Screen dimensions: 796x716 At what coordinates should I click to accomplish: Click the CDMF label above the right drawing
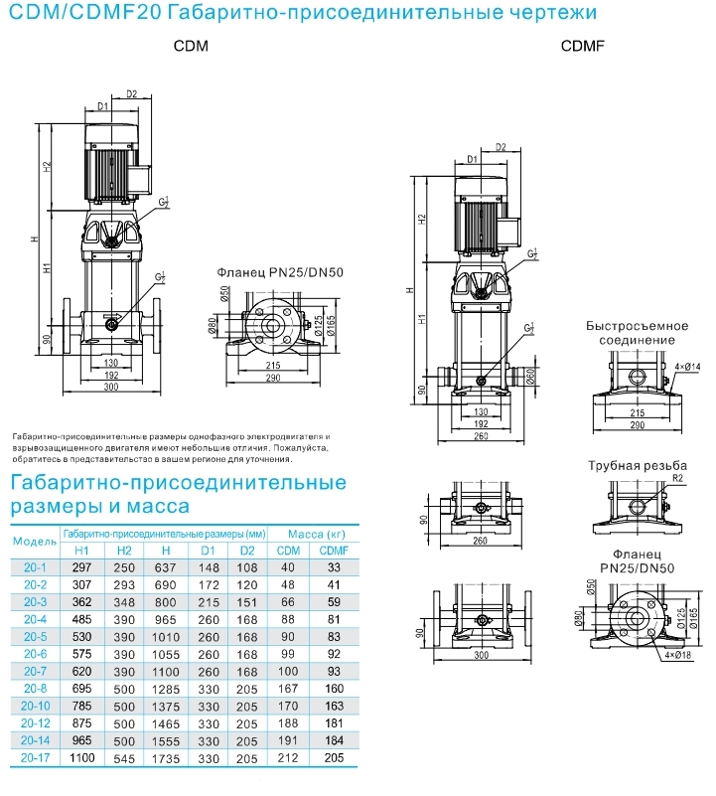pyautogui.click(x=583, y=47)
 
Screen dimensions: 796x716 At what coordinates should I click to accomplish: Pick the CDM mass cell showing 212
pyautogui.click(x=288, y=756)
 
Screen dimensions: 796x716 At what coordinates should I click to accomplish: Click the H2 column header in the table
pyautogui.click(x=124, y=551)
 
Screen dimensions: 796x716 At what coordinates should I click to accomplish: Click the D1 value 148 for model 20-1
pyautogui.click(x=207, y=567)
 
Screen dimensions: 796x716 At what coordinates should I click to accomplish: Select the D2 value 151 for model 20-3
pyautogui.click(x=247, y=602)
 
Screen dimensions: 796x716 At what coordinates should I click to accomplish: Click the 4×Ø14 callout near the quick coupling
pyautogui.click(x=687, y=367)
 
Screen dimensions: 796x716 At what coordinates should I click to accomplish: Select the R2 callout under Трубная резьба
pyautogui.click(x=677, y=479)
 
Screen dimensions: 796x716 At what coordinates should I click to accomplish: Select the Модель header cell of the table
pyautogui.click(x=33, y=542)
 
